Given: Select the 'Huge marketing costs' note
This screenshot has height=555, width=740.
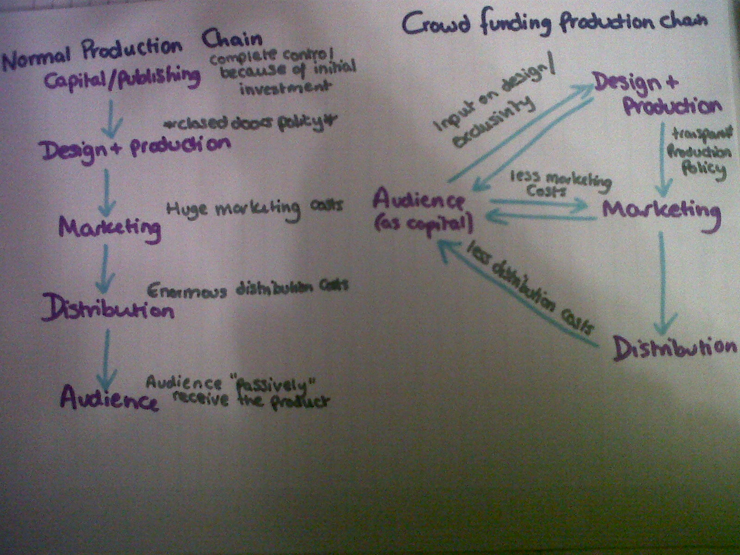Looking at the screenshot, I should (x=254, y=208).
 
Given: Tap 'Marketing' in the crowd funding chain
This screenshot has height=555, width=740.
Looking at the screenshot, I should (x=661, y=210).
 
